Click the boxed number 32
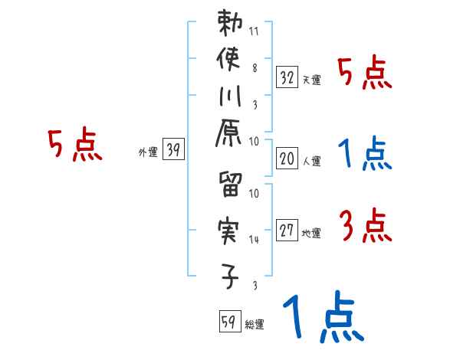[x=287, y=77]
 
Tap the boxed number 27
[x=287, y=231]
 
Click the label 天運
[x=311, y=80]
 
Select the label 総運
[x=255, y=324]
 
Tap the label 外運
[x=147, y=152]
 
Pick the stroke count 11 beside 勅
[x=255, y=32]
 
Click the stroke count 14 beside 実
[x=255, y=240]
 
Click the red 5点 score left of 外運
[x=75, y=145]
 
